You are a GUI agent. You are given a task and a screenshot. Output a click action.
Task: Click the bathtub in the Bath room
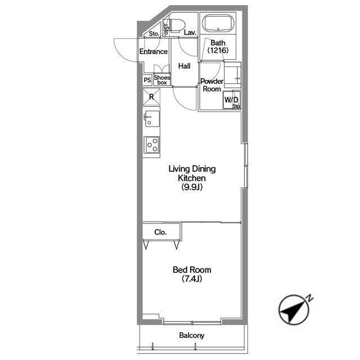coord(218,24)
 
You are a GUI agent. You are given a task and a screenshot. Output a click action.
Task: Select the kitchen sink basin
coord(151,119)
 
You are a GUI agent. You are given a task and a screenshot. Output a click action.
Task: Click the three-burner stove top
coord(151,145)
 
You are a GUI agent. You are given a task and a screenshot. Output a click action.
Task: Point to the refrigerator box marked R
coord(151,97)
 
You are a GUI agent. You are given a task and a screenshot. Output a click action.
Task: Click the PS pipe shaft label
coord(147,80)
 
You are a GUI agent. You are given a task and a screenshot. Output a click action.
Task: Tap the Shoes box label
coord(162,80)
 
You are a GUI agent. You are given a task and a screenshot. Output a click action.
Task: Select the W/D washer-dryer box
coord(232,100)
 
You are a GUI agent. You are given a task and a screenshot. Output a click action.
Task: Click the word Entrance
coord(154,51)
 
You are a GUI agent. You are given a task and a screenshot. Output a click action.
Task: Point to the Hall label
coord(184,66)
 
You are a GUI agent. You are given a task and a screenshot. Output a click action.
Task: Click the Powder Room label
coord(211,85)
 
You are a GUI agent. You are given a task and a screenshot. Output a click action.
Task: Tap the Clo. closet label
coord(160,232)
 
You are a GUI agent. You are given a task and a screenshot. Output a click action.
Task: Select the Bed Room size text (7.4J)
coord(192,279)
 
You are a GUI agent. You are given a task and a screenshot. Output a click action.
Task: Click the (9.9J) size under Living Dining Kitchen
coord(192,187)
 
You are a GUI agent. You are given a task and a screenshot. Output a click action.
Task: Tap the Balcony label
coord(192,335)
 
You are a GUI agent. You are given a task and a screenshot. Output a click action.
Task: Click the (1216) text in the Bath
coord(218,50)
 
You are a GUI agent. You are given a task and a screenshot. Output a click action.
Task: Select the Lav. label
coord(190,33)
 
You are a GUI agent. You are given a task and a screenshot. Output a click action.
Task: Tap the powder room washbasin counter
coord(232,75)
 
